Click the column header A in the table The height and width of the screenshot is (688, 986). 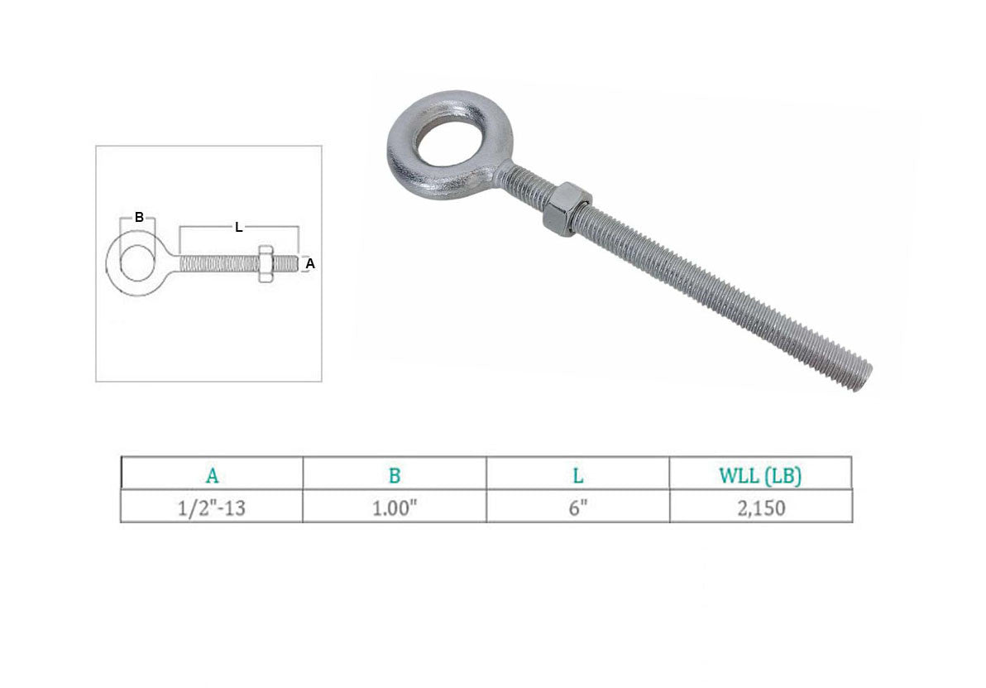click(x=212, y=475)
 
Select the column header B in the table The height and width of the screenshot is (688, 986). click(x=395, y=475)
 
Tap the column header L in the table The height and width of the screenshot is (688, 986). click(x=578, y=475)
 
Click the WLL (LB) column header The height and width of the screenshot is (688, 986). click(x=760, y=475)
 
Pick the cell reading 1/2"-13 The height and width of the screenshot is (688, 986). click(x=211, y=508)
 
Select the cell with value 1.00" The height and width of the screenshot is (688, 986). click(x=395, y=508)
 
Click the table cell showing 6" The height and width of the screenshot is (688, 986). click(x=578, y=508)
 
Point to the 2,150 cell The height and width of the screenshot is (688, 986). click(x=761, y=508)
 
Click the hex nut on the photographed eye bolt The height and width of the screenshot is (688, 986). click(x=565, y=209)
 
